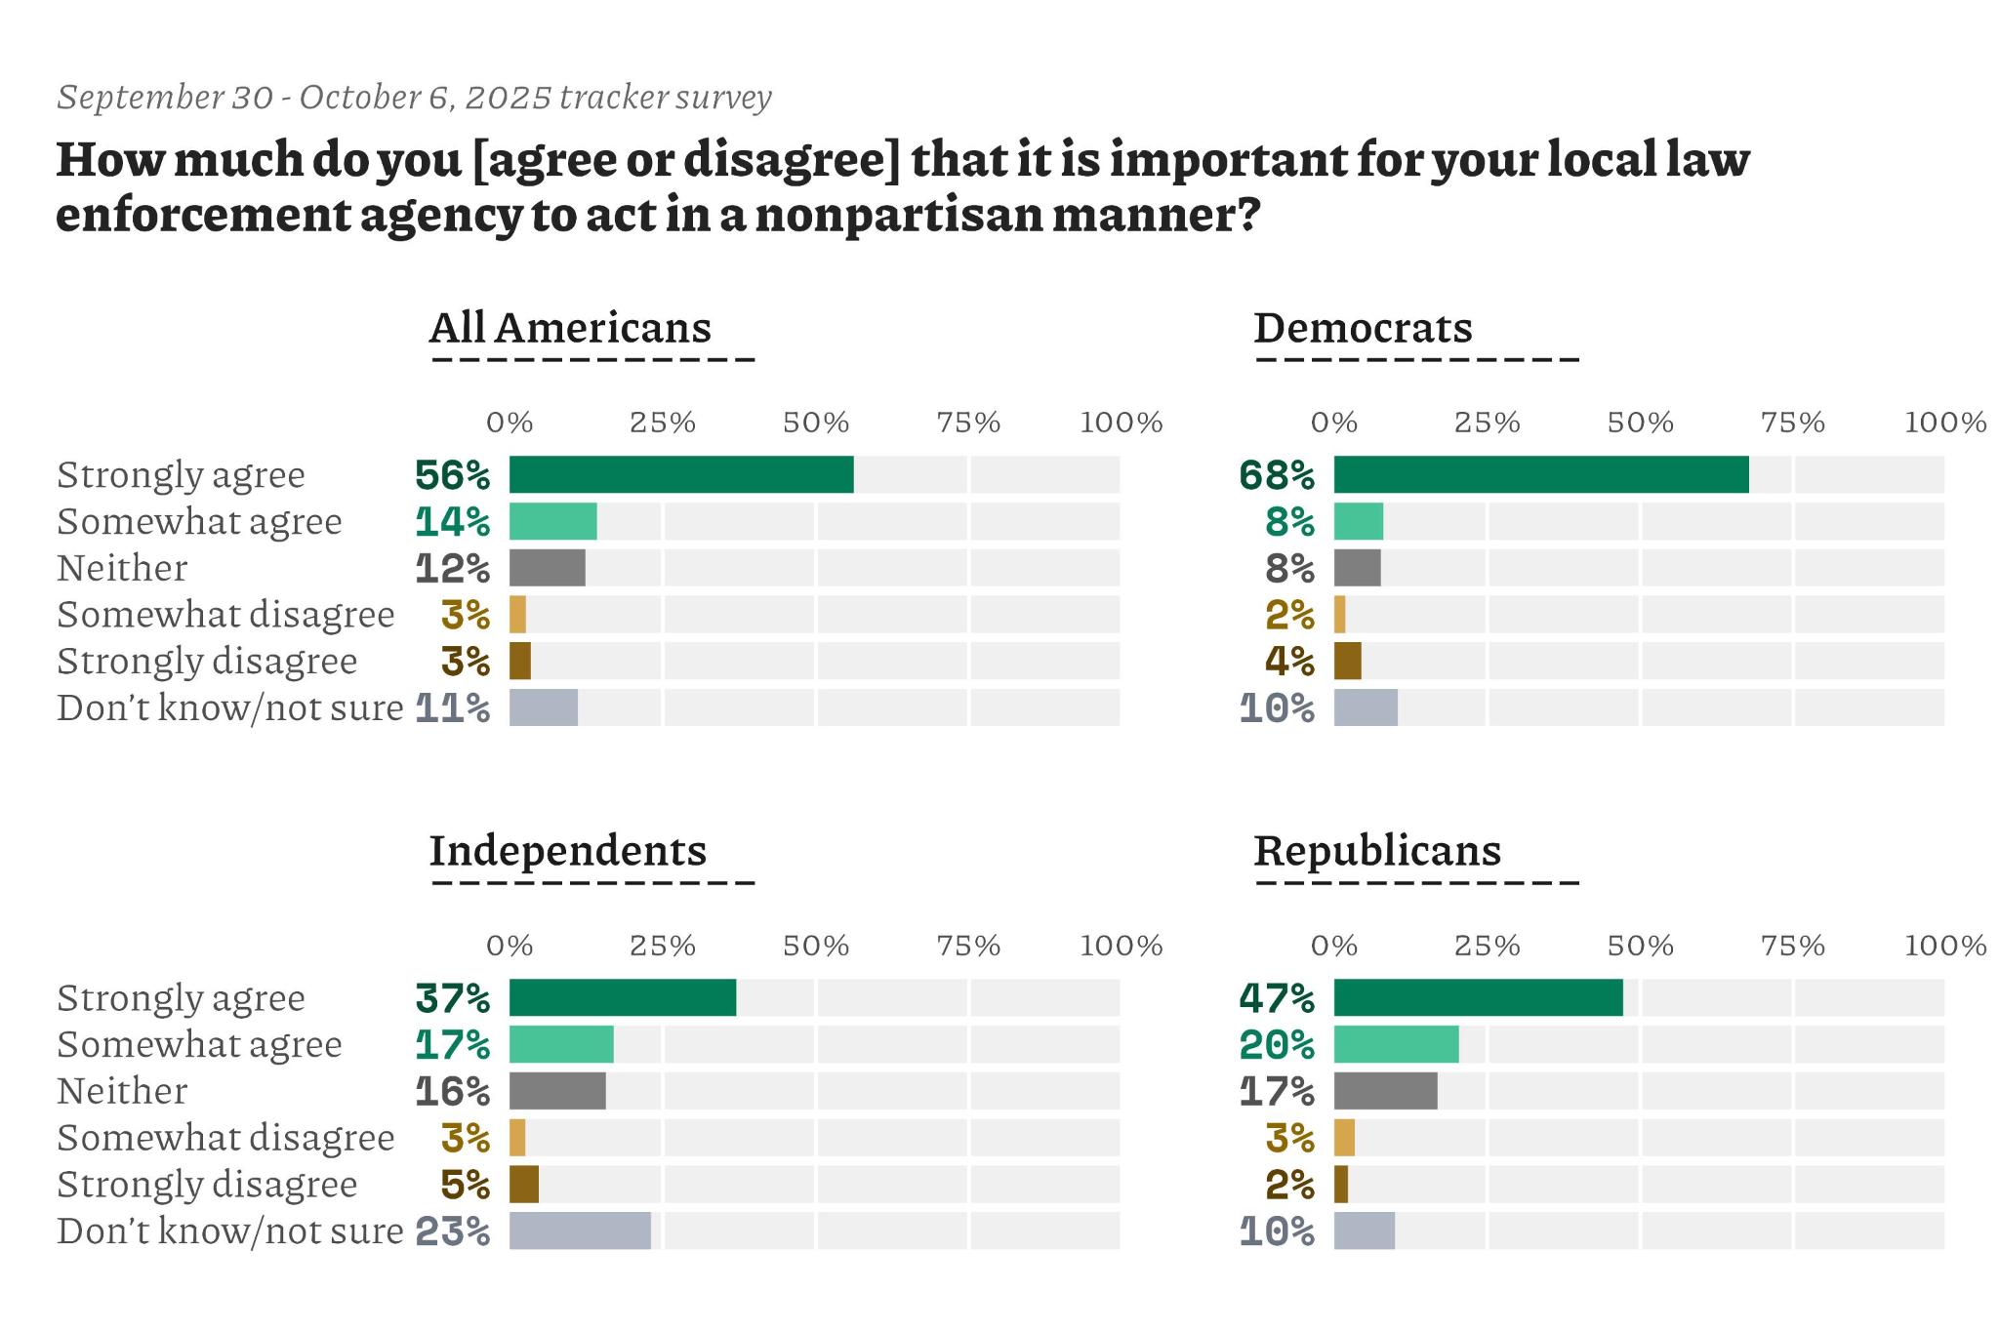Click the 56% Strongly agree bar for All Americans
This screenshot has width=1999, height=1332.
(680, 474)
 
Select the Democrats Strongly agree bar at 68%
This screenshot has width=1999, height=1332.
(1540, 474)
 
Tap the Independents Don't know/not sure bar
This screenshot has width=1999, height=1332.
(580, 1231)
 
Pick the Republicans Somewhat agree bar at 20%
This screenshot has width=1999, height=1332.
(1396, 1044)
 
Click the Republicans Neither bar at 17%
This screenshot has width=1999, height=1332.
(1385, 1091)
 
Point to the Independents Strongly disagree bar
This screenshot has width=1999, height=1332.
(524, 1184)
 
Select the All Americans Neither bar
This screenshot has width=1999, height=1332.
(547, 568)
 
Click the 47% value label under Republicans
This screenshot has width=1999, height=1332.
(1277, 998)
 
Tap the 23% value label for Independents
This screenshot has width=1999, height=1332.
(453, 1231)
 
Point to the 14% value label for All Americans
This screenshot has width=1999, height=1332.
(453, 522)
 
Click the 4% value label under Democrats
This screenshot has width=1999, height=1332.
(1289, 662)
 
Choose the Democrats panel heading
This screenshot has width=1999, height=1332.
(1363, 328)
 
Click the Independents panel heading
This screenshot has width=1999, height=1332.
(568, 851)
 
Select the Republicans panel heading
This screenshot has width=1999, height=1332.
(1377, 851)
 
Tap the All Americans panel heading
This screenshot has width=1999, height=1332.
(570, 328)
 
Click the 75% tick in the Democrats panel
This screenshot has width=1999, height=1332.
(1792, 423)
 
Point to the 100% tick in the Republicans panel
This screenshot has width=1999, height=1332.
(1945, 946)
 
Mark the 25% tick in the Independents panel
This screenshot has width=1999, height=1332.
(662, 946)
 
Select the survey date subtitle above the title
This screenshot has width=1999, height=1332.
(414, 98)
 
